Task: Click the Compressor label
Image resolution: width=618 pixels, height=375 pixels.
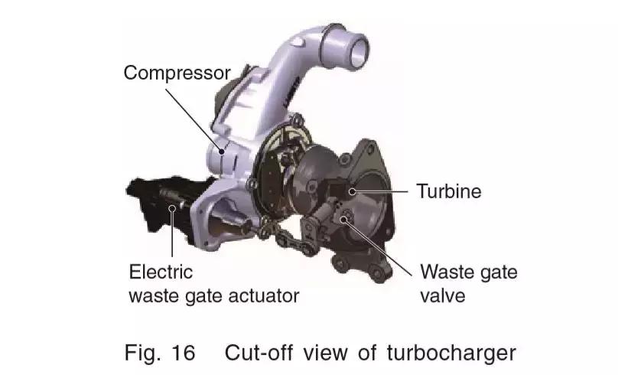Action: (177, 73)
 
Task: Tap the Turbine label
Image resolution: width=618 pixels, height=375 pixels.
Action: (448, 191)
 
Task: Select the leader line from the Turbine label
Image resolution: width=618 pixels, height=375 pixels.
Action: (382, 190)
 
